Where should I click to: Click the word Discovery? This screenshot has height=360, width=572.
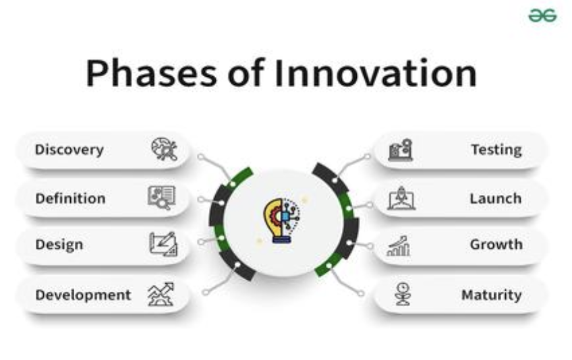coord(69,150)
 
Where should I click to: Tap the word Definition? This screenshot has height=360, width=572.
coord(70,198)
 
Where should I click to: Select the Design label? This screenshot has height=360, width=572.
coord(59,245)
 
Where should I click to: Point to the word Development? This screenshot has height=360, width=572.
coord(83,295)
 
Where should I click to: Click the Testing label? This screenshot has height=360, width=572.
coord(496,150)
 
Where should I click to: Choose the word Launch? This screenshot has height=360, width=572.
coord(495,198)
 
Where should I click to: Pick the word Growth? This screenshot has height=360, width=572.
coord(496,244)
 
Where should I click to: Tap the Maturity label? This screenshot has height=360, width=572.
coord(491,295)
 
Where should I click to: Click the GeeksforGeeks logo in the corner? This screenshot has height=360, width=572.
coord(542,16)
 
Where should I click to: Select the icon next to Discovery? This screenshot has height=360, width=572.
coord(164,149)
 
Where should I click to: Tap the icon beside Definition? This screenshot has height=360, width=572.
coord(162,198)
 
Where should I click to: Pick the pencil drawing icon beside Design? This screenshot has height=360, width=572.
coord(163,244)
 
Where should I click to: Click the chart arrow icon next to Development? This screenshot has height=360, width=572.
coord(161,295)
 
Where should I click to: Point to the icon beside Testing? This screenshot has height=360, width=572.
coord(401,150)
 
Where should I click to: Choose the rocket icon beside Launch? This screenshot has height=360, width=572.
coord(401,198)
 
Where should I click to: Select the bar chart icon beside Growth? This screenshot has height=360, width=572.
coord(399,246)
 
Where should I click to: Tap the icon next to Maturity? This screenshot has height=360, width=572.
coord(403,294)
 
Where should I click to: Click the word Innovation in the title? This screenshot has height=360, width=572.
coord(375,73)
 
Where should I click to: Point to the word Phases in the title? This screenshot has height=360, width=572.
coord(151,73)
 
